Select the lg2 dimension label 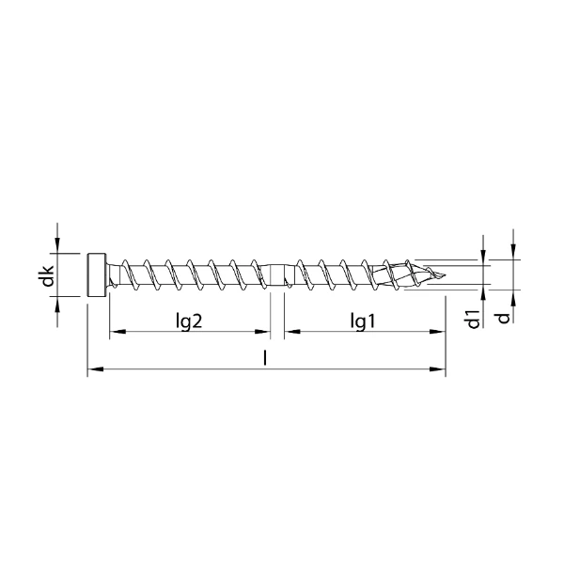pyautogui.click(x=190, y=321)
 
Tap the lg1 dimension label pyautogui.click(x=363, y=321)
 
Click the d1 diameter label pyautogui.click(x=474, y=318)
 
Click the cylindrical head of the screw pyautogui.click(x=97, y=275)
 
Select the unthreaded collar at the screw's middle pyautogui.click(x=278, y=275)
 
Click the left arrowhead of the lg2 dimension pyautogui.click(x=116, y=332)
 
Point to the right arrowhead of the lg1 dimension pyautogui.click(x=438, y=332)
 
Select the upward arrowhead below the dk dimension pyautogui.click(x=58, y=304)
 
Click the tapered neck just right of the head pyautogui.click(x=114, y=275)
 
